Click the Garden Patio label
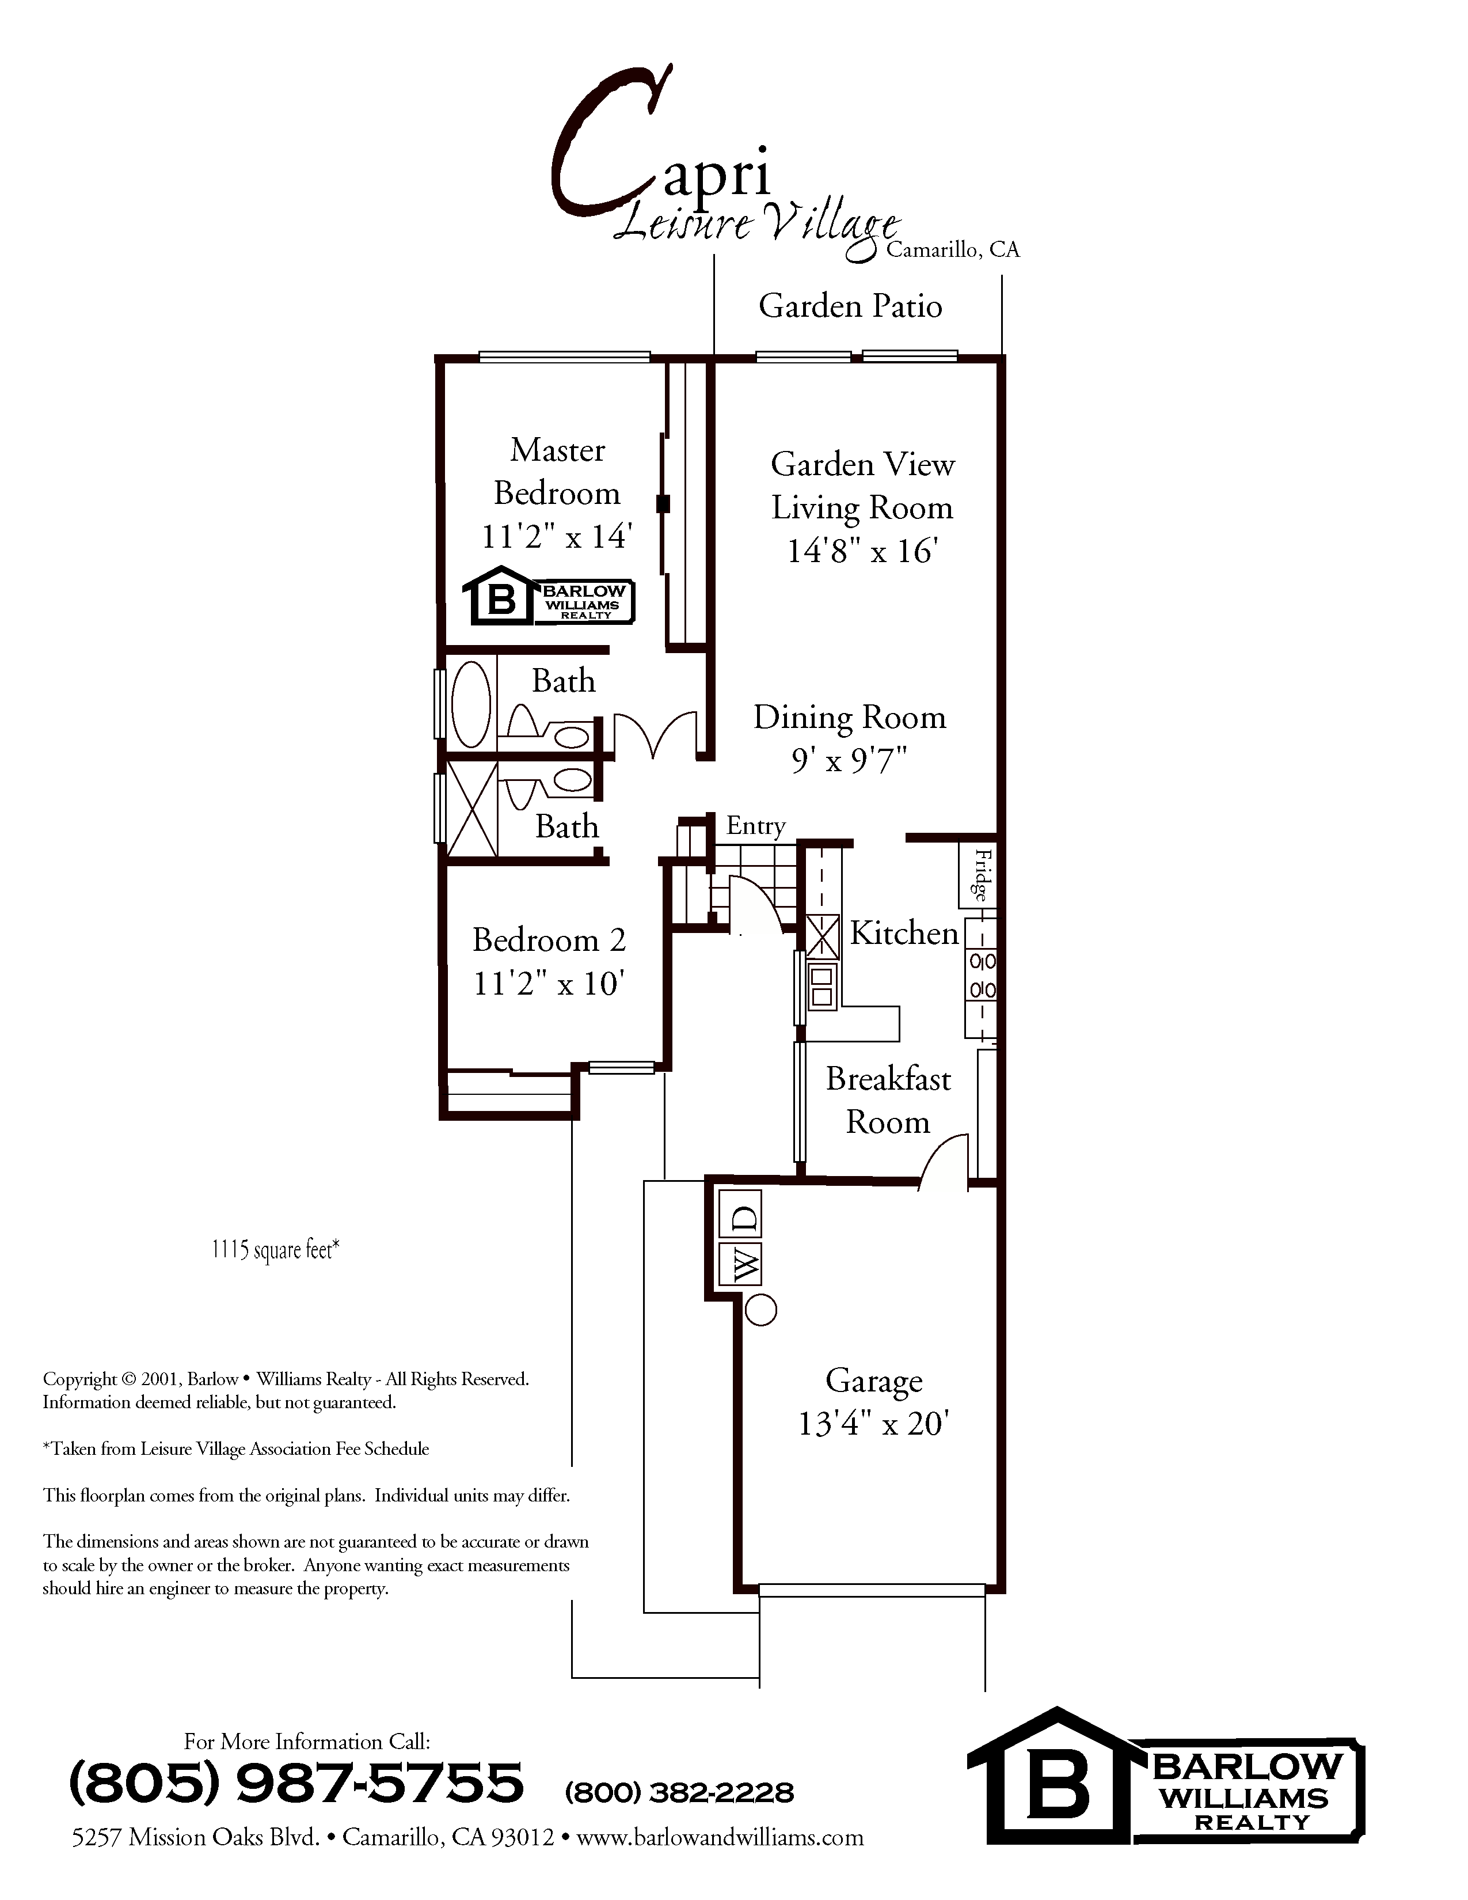click(x=850, y=306)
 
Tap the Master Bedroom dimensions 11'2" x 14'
click(x=557, y=537)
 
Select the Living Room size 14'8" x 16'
click(x=862, y=552)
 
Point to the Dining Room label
click(x=849, y=718)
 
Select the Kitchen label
click(x=904, y=934)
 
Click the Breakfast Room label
click(x=888, y=1101)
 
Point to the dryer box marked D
click(x=746, y=1220)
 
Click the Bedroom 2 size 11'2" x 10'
click(x=549, y=984)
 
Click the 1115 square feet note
click(x=275, y=1250)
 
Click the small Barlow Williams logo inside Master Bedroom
click(x=548, y=597)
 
